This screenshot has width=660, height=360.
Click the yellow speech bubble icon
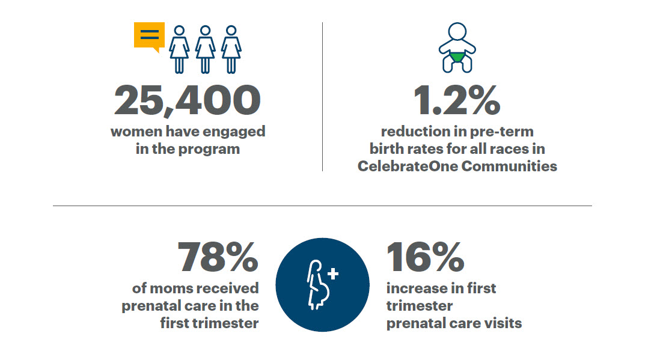pos(149,36)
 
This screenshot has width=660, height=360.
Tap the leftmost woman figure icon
pos(179,50)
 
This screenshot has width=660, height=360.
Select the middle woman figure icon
pos(206,50)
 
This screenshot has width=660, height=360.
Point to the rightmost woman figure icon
pos(231,50)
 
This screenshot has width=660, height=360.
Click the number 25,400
pos(188,100)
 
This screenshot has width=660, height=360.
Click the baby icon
pos(457,47)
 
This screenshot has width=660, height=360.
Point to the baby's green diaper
pos(457,57)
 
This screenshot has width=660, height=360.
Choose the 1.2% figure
pos(457,100)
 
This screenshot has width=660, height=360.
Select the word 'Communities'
pos(509,166)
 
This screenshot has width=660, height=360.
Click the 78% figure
pos(218,257)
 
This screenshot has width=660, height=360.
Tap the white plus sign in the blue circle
pos(333,273)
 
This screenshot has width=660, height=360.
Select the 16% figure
pos(425,257)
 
